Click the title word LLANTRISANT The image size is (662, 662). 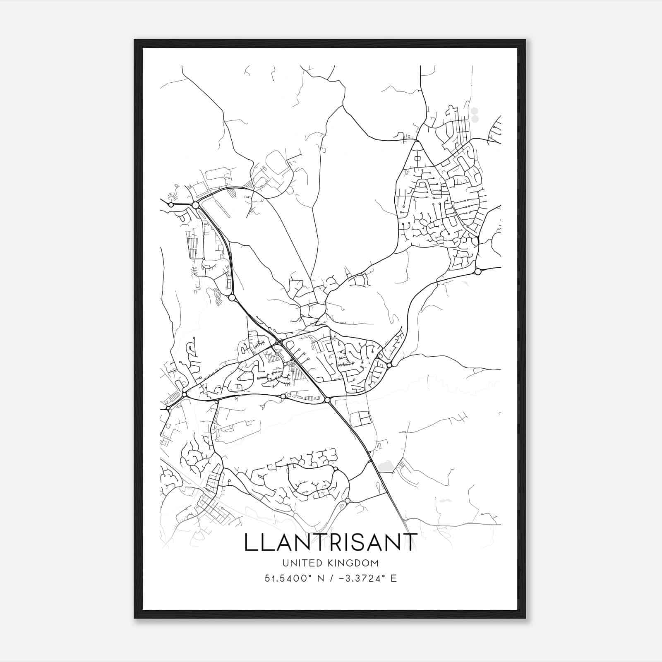point(330,542)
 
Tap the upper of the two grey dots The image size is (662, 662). point(475,111)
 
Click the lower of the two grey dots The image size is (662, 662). point(475,119)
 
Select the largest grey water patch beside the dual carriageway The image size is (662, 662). point(386,466)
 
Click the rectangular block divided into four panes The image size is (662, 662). point(360,419)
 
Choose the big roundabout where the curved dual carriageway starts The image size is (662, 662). point(195,205)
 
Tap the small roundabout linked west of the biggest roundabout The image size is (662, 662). point(171,204)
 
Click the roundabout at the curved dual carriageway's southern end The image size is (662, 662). point(232,297)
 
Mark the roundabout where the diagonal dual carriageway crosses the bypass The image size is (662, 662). point(327,400)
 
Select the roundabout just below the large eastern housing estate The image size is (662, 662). point(478,272)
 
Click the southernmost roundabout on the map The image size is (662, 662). point(347,501)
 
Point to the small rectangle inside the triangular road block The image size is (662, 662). point(417,158)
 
